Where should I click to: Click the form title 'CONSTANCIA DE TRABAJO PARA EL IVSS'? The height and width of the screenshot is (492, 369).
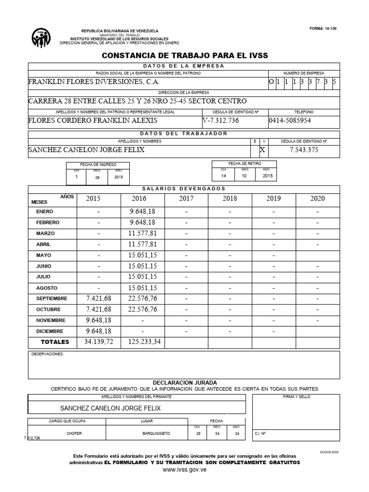point(185,56)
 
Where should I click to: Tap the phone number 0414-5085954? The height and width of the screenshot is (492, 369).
point(290,120)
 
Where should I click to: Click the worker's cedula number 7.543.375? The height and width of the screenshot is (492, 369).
point(304,149)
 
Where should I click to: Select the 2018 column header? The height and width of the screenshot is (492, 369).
point(230,198)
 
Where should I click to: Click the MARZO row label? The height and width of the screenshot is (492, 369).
point(46,234)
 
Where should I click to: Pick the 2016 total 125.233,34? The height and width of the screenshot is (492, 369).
point(142,342)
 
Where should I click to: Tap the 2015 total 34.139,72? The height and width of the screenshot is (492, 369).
point(98,342)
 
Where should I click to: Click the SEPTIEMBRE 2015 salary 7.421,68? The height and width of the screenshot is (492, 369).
point(98,298)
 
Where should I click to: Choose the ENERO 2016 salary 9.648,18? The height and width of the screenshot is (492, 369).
point(142,211)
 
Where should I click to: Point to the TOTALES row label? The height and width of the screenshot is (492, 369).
point(55,342)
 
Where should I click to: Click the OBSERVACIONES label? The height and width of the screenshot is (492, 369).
point(47,354)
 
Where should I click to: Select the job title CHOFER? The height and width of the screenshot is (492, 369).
point(74,433)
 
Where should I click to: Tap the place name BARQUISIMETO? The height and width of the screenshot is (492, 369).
point(156,433)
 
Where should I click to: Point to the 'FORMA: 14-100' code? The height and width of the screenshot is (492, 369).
point(323,29)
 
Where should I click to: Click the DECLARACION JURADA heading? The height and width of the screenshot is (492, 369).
point(184,382)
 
